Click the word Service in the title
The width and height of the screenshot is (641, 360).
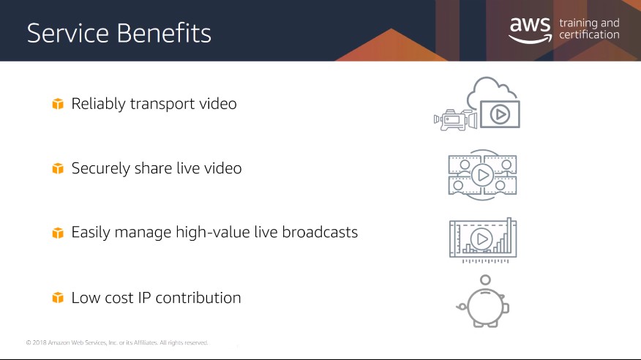click(68, 33)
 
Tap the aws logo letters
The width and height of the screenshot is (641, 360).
click(531, 25)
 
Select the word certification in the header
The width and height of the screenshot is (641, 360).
click(589, 34)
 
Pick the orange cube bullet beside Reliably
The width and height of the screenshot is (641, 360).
click(58, 104)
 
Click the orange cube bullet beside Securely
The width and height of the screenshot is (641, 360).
click(58, 168)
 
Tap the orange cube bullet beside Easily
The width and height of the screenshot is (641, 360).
click(58, 233)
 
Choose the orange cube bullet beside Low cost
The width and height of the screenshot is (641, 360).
click(58, 298)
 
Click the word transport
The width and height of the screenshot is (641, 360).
click(162, 104)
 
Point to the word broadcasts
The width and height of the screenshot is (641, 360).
click(320, 232)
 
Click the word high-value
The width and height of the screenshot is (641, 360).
click(213, 233)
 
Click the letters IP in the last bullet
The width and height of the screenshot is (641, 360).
click(144, 298)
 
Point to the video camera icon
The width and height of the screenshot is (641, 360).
click(455, 120)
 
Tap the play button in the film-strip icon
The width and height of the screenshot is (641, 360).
click(483, 175)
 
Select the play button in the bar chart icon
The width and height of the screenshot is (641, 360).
click(481, 239)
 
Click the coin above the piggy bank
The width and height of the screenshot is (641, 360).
click(485, 280)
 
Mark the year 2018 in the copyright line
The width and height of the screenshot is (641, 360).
click(40, 342)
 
